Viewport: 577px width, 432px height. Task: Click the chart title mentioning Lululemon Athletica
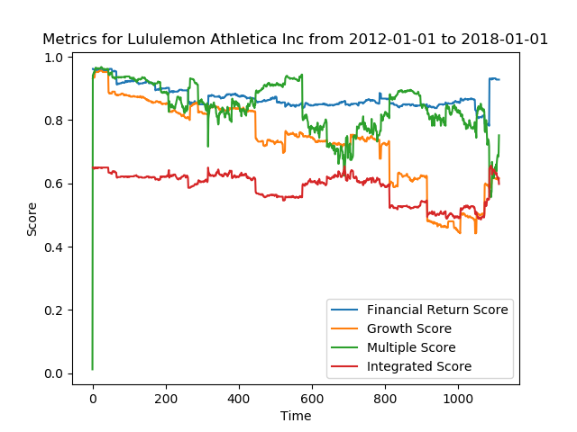click(295, 40)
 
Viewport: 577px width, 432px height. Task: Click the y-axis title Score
click(32, 219)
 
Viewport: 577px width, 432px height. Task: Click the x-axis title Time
click(296, 416)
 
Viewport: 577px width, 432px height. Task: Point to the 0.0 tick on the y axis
click(55, 373)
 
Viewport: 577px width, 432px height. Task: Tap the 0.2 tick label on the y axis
click(55, 310)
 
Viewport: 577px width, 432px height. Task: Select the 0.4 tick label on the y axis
click(55, 247)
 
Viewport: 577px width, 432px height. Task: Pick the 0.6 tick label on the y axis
click(55, 184)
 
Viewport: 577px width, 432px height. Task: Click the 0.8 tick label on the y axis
click(55, 121)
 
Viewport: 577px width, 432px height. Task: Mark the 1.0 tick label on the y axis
click(55, 58)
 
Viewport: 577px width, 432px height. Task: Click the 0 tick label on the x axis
click(93, 398)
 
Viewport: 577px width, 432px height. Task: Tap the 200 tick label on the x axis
click(166, 398)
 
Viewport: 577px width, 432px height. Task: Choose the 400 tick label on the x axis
click(239, 398)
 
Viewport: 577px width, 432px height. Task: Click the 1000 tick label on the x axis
click(458, 398)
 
